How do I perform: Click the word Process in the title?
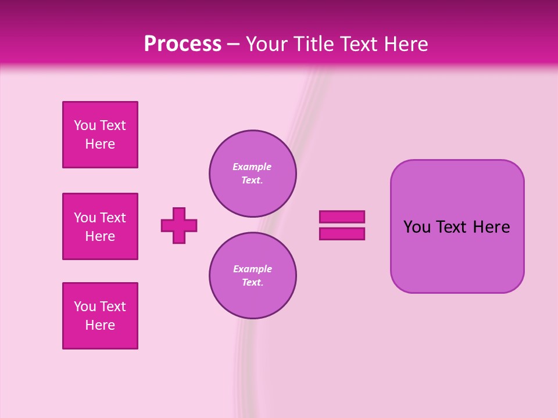tap(183, 44)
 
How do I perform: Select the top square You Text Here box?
tap(100, 135)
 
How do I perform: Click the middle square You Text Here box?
tap(100, 226)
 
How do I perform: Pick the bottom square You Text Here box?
tap(100, 316)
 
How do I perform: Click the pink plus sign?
tap(179, 225)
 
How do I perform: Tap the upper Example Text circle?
tap(253, 174)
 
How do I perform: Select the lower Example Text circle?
tap(253, 276)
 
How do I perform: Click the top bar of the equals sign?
tap(342, 217)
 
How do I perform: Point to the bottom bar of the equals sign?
tap(342, 233)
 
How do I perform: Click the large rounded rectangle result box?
tap(457, 255)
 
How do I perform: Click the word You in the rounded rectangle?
tap(417, 227)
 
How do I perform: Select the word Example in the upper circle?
tap(252, 167)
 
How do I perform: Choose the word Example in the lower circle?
tap(252, 269)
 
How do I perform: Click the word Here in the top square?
tap(100, 144)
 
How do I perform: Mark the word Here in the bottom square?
tap(100, 325)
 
